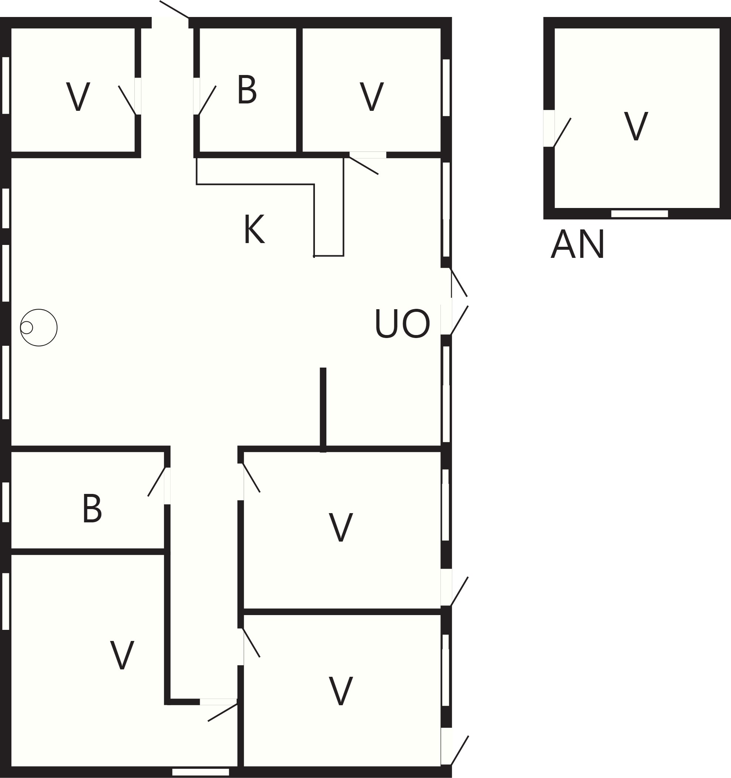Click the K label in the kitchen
254,229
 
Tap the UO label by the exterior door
402,324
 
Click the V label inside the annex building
636,126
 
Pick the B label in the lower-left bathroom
92,508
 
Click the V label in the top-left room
78,96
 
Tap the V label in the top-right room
371,96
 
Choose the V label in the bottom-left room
122,655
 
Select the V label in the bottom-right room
341,691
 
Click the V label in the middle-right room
341,527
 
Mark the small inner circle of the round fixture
26,327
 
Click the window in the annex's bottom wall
639,214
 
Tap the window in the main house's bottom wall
200,772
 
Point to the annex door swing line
562,132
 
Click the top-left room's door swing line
127,100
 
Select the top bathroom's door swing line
207,100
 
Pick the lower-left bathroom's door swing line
157,482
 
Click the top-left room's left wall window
6,85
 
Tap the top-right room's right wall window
446,88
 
